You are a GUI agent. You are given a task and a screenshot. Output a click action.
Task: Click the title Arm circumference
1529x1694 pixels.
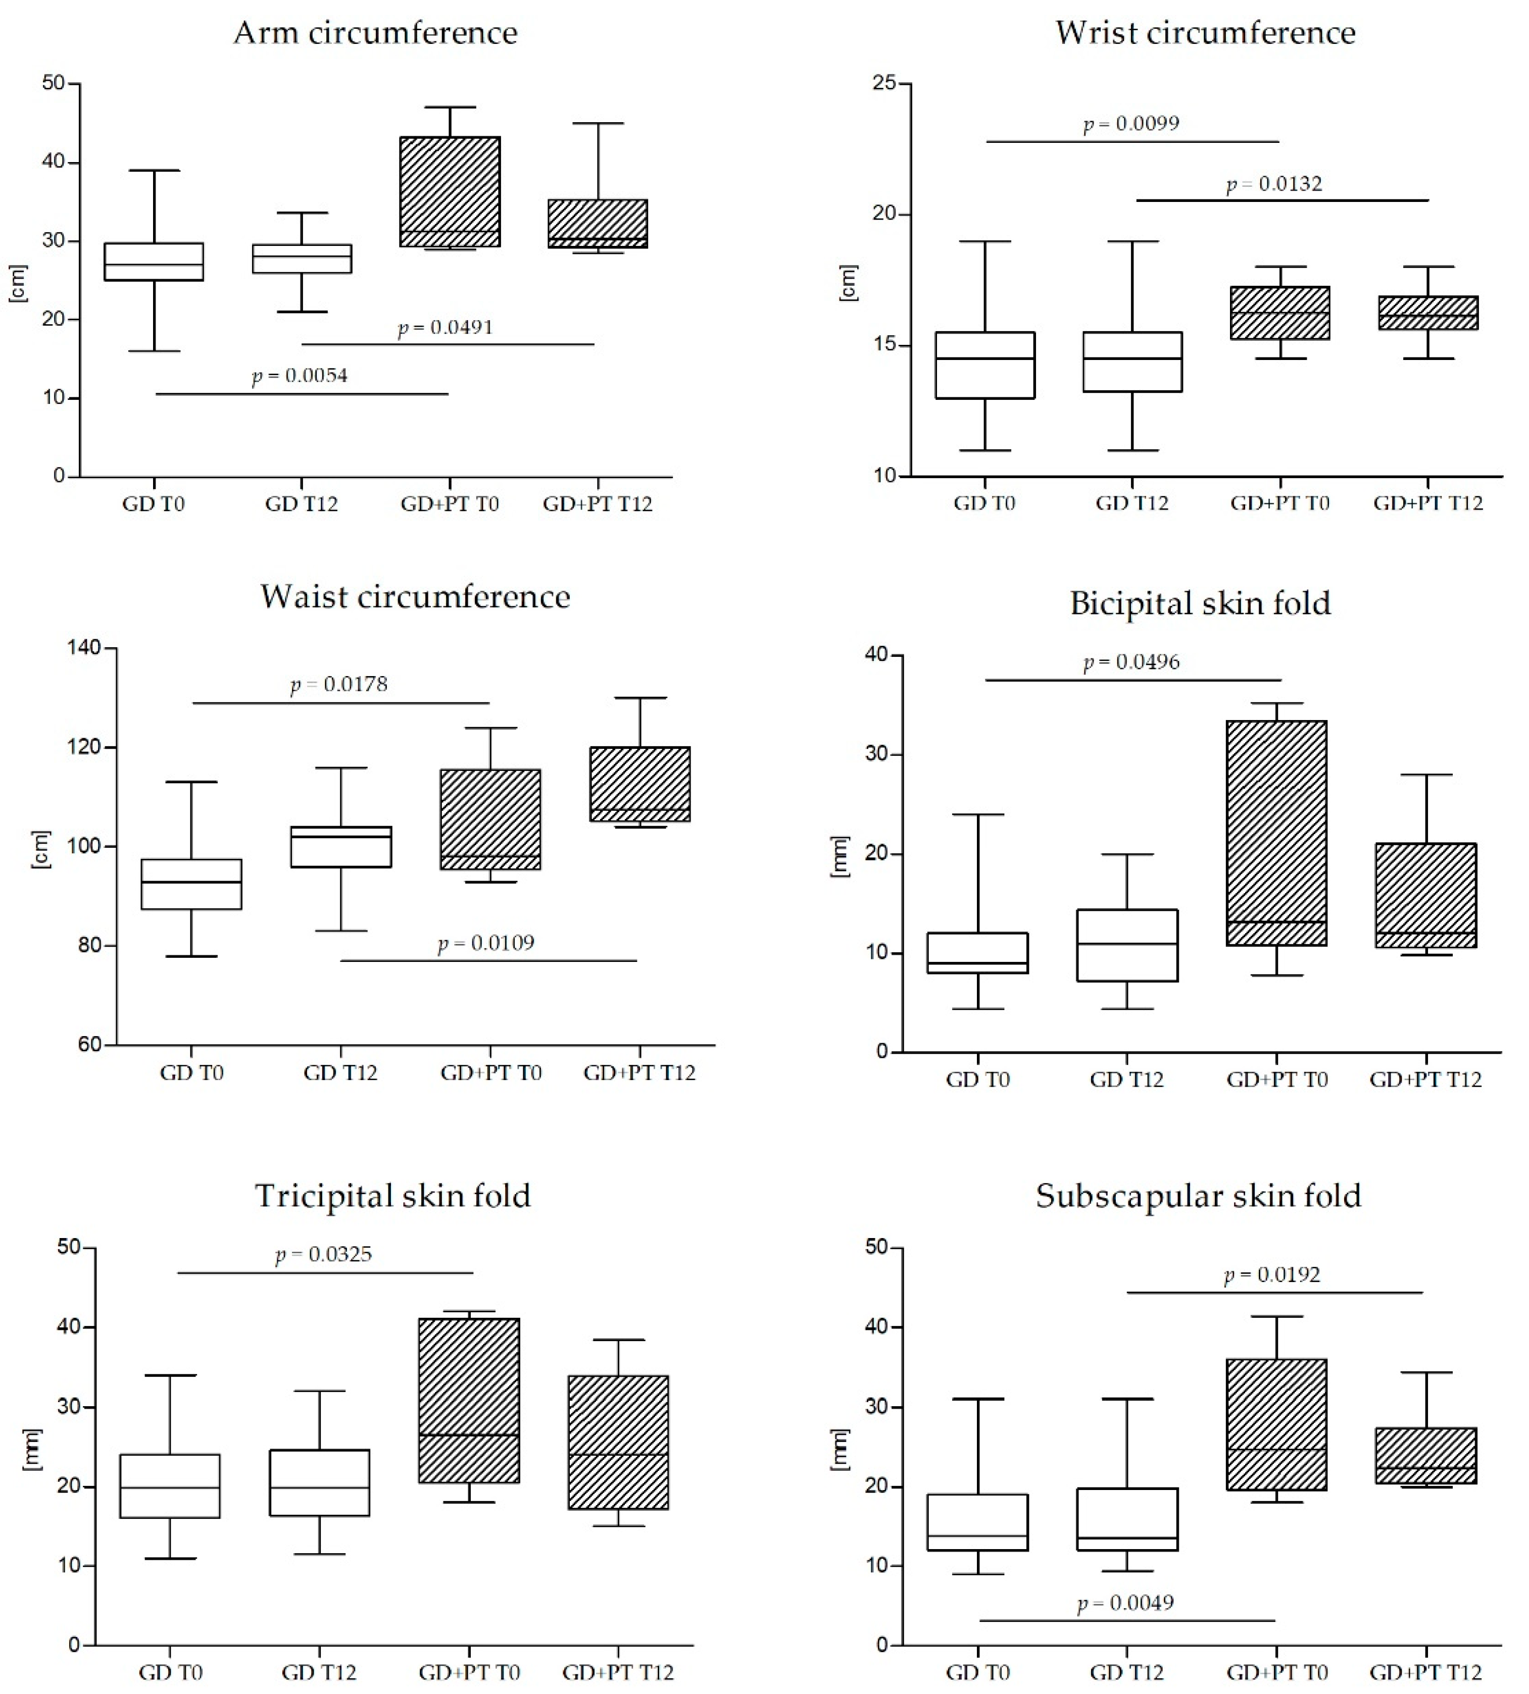click(375, 34)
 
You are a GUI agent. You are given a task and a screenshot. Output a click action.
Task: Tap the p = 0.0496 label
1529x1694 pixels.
click(1131, 662)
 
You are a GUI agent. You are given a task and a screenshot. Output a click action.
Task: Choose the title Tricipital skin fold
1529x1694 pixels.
click(392, 1196)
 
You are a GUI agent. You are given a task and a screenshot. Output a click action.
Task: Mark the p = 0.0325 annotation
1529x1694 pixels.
click(323, 1255)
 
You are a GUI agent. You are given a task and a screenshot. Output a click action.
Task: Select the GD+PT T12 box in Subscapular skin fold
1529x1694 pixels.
click(1425, 1456)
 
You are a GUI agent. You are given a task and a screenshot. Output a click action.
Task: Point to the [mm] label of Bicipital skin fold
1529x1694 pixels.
click(840, 857)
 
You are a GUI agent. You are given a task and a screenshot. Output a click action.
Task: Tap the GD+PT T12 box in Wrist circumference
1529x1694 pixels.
click(1427, 313)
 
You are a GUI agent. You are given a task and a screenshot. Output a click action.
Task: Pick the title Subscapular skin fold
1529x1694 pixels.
click(1198, 1196)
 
